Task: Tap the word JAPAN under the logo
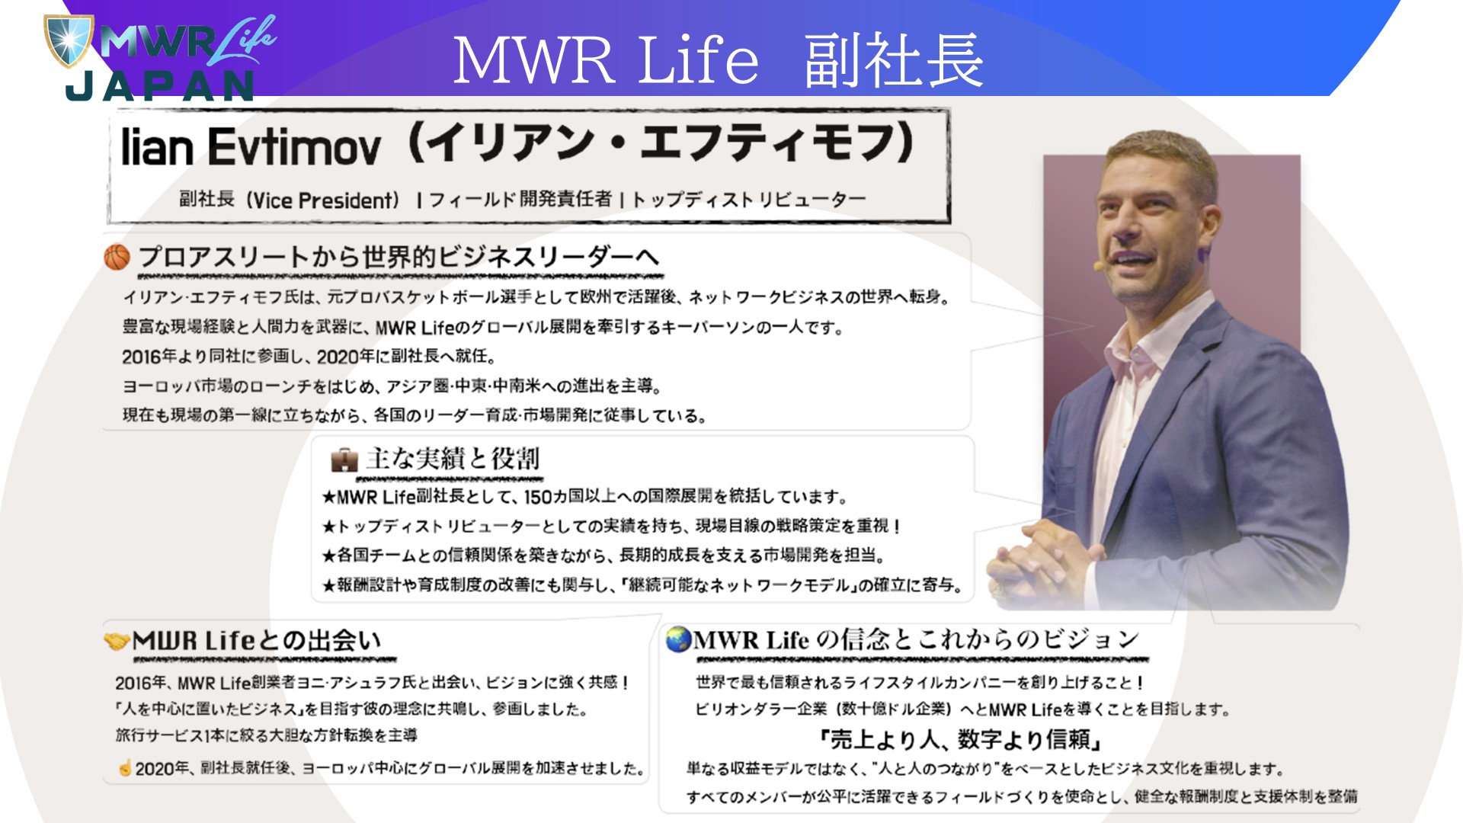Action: pyautogui.click(x=160, y=87)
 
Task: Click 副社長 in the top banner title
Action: pyautogui.click(x=894, y=59)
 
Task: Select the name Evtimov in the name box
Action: pyautogui.click(x=293, y=146)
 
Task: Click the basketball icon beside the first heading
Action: pyautogui.click(x=117, y=258)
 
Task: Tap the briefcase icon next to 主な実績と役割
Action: pyautogui.click(x=344, y=460)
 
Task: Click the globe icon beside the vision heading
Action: pyautogui.click(x=677, y=639)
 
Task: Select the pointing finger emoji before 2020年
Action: pyautogui.click(x=125, y=767)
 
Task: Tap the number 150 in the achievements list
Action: pyautogui.click(x=538, y=498)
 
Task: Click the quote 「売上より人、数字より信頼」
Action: pyautogui.click(x=961, y=739)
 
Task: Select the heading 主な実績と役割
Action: pyautogui.click(x=453, y=459)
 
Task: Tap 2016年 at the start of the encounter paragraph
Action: pyautogui.click(x=142, y=683)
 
